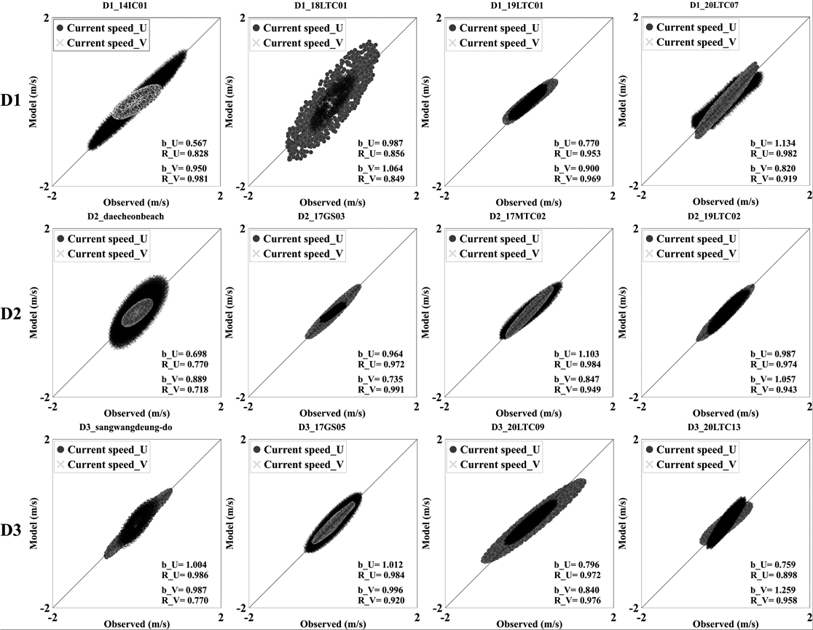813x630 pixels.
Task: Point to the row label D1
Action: pyautogui.click(x=11, y=100)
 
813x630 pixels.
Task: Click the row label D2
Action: pyautogui.click(x=11, y=314)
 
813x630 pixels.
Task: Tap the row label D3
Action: pyautogui.click(x=11, y=530)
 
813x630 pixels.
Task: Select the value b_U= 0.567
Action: pyautogui.click(x=184, y=143)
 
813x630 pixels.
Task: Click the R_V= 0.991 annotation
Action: pyautogui.click(x=380, y=389)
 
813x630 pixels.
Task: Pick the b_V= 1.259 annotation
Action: pyautogui.click(x=774, y=590)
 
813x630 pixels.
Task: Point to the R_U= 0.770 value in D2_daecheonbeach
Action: pyautogui.click(x=184, y=365)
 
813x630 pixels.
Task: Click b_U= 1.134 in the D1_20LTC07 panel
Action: pyautogui.click(x=773, y=143)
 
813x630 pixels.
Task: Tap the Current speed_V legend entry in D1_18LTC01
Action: pyautogui.click(x=298, y=43)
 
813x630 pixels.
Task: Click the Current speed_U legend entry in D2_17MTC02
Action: pyautogui.click(x=494, y=238)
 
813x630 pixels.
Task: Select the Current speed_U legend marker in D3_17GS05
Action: pyautogui.click(x=256, y=450)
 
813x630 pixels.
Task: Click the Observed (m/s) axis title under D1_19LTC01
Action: pyautogui.click(x=528, y=203)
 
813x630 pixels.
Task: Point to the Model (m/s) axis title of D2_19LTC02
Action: pyautogui.click(x=623, y=311)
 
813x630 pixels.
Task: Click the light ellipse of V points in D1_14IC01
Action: pyautogui.click(x=137, y=101)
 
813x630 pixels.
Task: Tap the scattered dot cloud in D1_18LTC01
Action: pyautogui.click(x=332, y=101)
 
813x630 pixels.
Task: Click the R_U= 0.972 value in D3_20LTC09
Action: pyautogui.click(x=578, y=575)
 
